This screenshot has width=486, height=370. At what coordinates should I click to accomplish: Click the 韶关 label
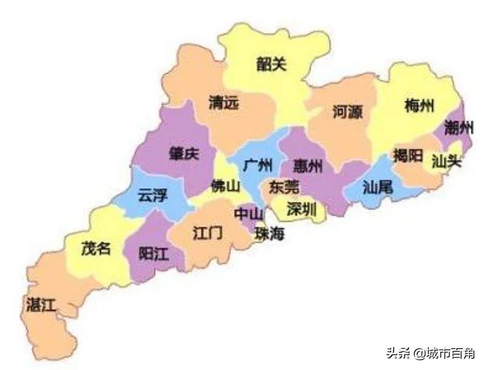point(271,64)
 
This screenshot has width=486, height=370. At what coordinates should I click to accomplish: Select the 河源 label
point(347,112)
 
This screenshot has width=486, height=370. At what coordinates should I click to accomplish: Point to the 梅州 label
point(419,106)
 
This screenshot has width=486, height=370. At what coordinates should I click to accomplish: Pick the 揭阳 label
point(408,155)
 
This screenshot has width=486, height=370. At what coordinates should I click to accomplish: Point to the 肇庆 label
point(183,154)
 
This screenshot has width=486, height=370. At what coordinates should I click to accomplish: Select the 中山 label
point(249,214)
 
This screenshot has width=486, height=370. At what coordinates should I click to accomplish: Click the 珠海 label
point(269,233)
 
